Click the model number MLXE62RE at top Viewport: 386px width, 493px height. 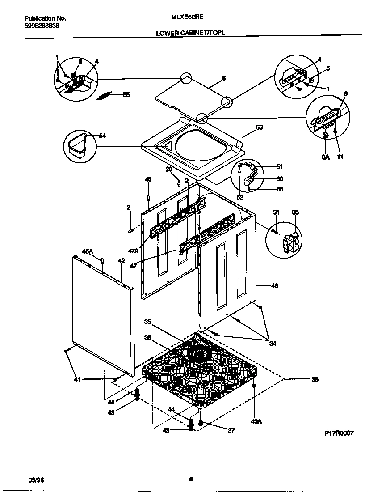188,18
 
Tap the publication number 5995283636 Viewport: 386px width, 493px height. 42,25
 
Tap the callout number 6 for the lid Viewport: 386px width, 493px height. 223,78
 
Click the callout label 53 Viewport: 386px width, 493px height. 259,127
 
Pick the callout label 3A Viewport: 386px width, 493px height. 325,157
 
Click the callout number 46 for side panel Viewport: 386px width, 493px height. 275,285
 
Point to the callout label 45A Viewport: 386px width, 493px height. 88,251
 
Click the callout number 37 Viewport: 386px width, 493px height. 231,431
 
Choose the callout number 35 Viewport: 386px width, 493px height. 147,321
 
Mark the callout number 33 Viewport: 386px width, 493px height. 295,212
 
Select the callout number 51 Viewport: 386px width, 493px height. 280,166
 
